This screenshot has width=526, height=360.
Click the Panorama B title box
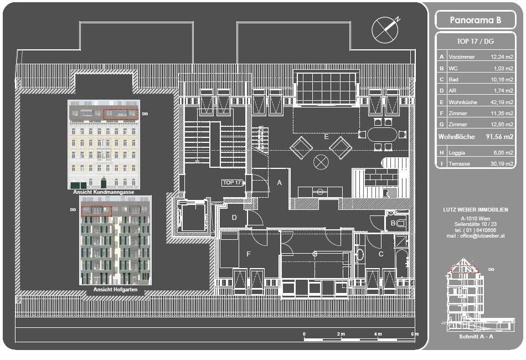(475, 20)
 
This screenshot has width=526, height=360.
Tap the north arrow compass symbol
(385, 29)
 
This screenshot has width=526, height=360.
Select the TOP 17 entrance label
(233, 183)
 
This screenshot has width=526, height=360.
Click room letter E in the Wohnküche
(327, 137)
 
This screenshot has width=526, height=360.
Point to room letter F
(249, 254)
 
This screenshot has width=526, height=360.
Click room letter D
(234, 218)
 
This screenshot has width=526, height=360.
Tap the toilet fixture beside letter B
(401, 223)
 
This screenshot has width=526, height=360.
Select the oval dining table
(382, 135)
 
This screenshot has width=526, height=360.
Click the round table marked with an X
(321, 162)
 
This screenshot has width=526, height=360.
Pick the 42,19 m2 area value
(502, 102)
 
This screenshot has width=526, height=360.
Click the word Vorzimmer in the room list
(462, 57)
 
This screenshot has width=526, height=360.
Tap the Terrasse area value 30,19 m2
(502, 164)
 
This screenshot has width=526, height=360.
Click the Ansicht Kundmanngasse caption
(104, 192)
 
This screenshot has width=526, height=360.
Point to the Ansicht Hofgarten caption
(115, 290)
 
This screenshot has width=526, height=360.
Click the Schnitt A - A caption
(476, 337)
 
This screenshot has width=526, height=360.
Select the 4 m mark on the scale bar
(378, 334)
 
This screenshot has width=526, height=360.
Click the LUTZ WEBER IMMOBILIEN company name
(476, 210)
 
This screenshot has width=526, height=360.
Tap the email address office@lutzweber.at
(482, 236)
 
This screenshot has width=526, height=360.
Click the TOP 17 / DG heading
(476, 42)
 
